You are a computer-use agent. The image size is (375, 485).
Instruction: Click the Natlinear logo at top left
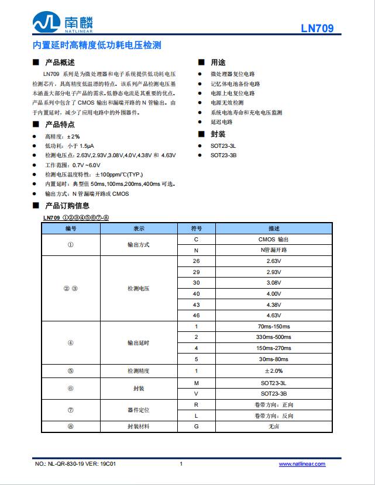click(63, 23)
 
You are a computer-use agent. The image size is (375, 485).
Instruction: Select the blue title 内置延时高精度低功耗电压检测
click(97, 45)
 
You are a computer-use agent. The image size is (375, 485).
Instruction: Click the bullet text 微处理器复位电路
click(232, 74)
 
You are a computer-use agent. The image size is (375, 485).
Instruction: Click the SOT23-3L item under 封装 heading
click(223, 145)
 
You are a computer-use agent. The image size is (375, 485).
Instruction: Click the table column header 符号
click(197, 228)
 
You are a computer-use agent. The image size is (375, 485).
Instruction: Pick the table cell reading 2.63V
click(273, 261)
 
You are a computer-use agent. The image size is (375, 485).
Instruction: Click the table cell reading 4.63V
click(273, 315)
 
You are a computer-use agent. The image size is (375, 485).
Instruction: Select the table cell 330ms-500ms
click(273, 337)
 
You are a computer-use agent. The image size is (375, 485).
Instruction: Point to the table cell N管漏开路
click(273, 250)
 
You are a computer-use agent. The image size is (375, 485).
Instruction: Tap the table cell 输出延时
click(138, 343)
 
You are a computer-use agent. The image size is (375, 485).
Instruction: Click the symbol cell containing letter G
click(197, 427)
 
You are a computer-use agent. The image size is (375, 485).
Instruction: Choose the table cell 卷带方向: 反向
click(273, 415)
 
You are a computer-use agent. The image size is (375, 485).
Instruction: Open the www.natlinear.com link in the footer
click(302, 464)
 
